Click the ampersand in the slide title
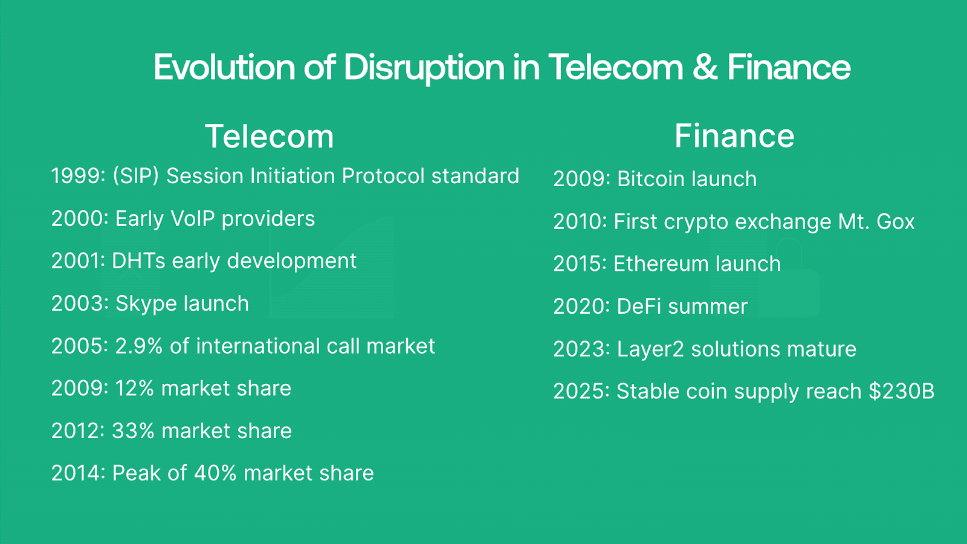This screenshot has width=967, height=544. coord(705,67)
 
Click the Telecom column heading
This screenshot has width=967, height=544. coord(270,137)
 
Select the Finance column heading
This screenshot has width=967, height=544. coord(734,135)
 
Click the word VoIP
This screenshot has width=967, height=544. coord(193,218)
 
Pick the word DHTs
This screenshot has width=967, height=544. coord(138,261)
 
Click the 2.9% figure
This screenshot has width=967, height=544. coord(138,346)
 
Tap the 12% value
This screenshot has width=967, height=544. coord(134,389)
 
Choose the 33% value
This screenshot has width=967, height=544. coord(133,431)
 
